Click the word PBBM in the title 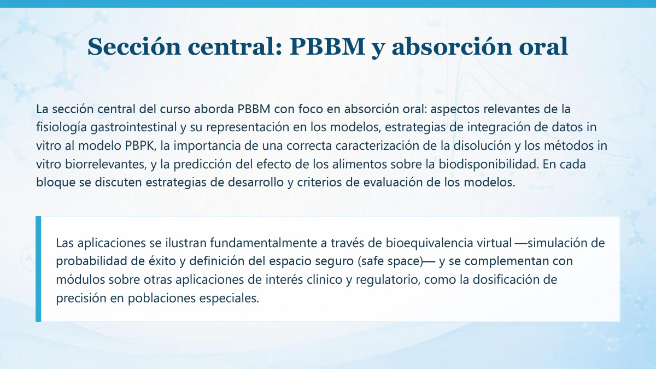point(327,46)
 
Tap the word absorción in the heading point(453,46)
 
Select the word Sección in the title point(134,46)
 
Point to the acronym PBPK point(139,146)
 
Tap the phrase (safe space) point(390,261)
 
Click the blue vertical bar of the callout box point(38,269)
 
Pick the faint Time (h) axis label point(542,188)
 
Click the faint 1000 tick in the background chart point(434,24)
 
